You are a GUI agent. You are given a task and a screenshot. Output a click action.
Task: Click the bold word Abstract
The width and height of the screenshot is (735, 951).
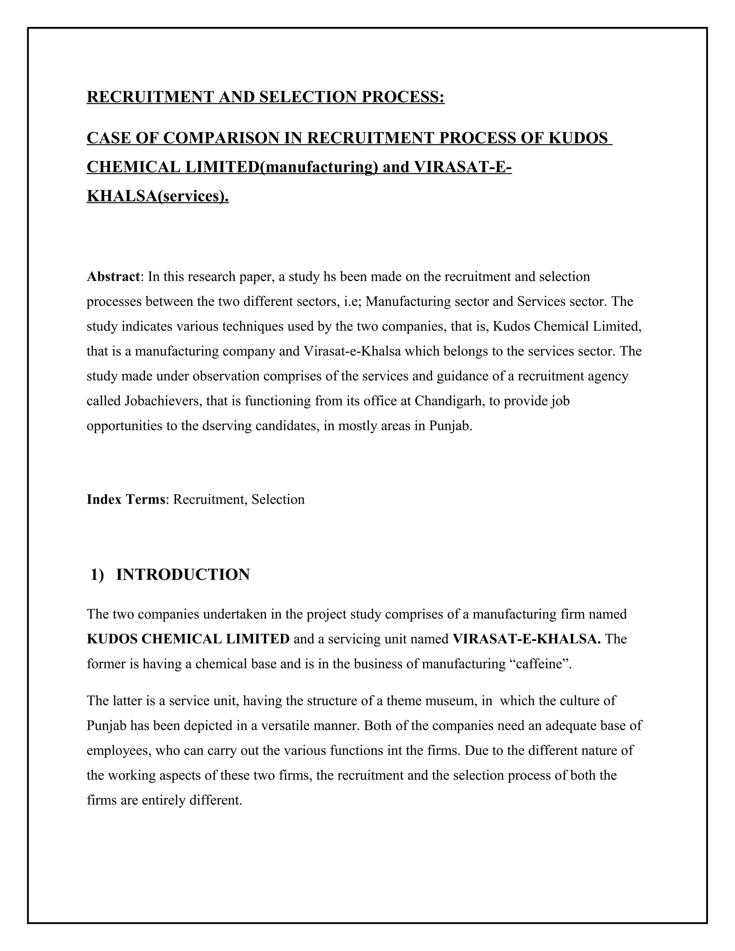[113, 277]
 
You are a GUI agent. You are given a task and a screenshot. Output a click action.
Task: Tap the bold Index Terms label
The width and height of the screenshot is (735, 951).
[126, 500]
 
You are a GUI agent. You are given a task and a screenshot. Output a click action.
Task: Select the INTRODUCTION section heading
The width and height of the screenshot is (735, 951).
[183, 575]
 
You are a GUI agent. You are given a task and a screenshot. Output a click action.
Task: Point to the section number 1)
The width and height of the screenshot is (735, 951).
[98, 575]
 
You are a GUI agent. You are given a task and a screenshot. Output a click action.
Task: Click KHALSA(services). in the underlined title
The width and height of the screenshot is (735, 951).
[158, 196]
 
